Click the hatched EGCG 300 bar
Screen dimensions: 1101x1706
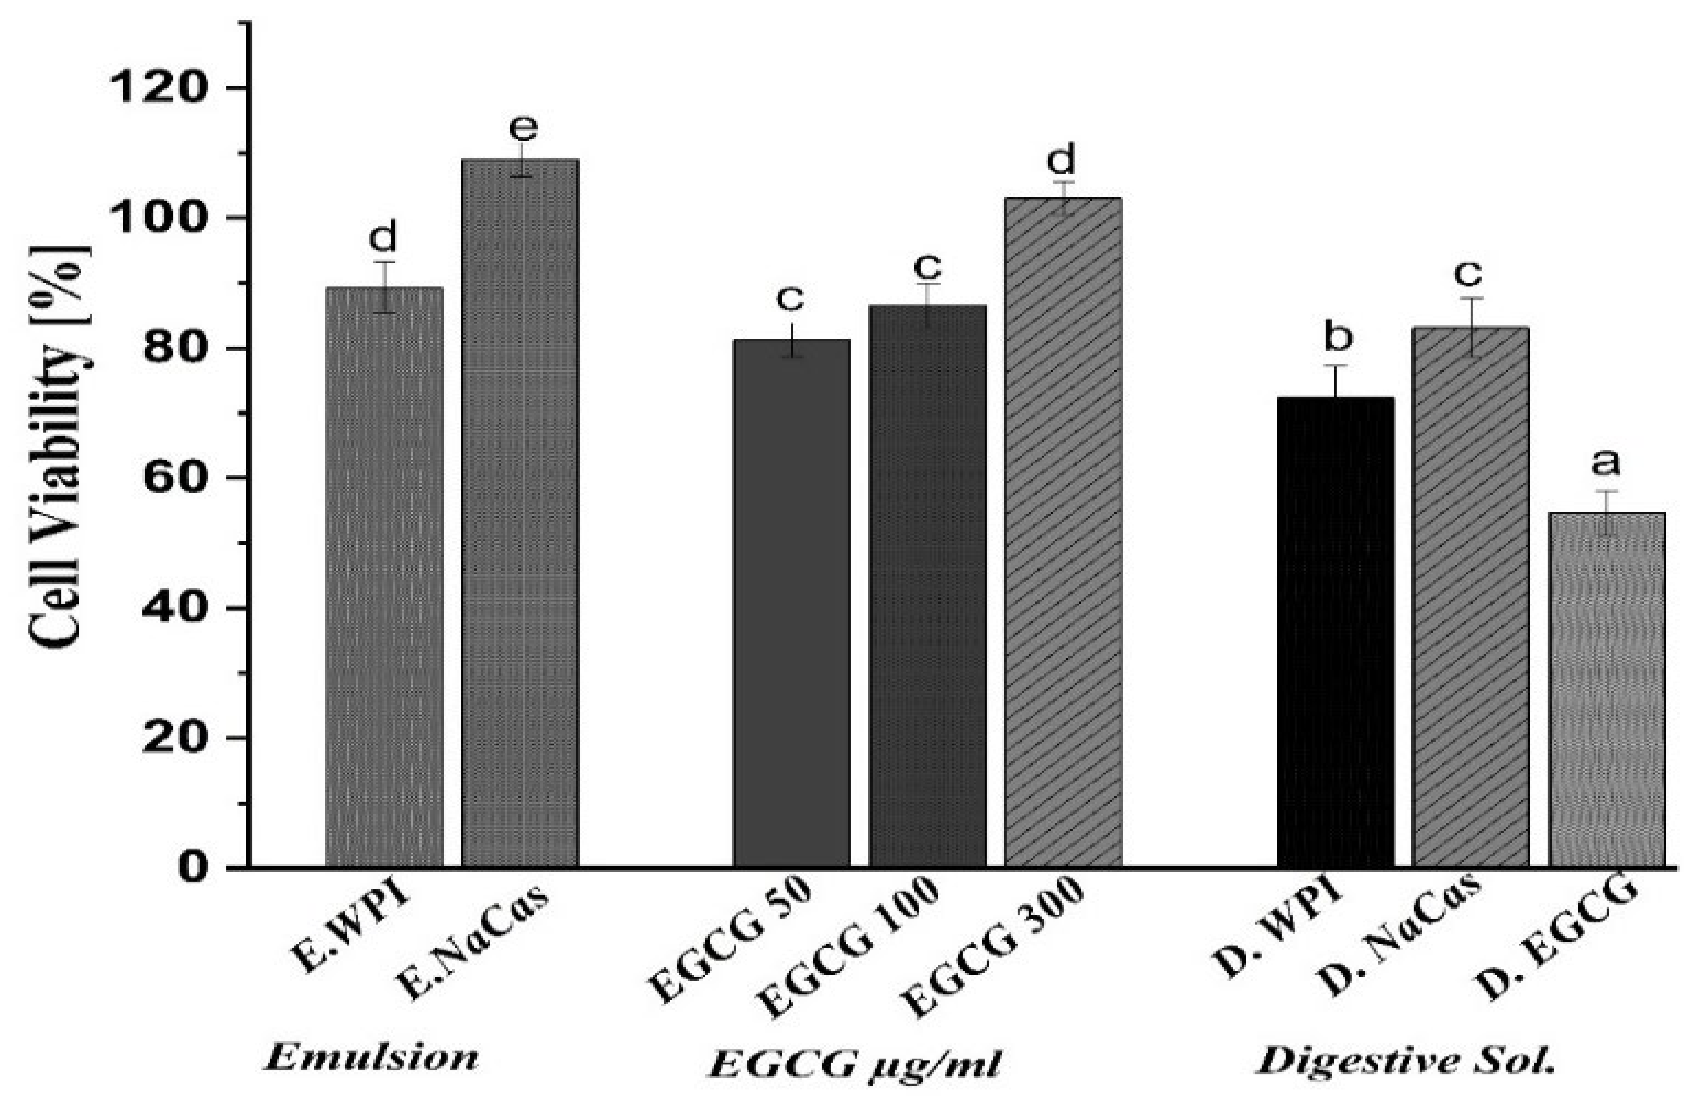(x=1063, y=532)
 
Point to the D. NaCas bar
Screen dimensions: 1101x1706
(x=1471, y=597)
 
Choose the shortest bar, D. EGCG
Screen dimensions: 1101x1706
(x=1606, y=690)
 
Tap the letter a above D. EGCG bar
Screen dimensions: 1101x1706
(x=1605, y=463)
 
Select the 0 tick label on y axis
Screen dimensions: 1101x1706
(x=193, y=868)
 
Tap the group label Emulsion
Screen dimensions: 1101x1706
(x=371, y=1058)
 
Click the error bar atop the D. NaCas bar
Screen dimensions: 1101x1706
(x=1471, y=327)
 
